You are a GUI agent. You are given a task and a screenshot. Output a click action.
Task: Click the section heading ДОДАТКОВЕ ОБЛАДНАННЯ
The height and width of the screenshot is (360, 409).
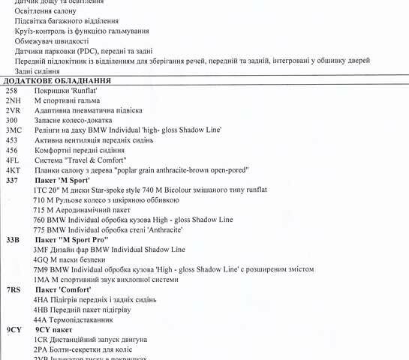pos(58,80)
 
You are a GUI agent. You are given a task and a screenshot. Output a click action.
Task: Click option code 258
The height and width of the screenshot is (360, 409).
pos(11,90)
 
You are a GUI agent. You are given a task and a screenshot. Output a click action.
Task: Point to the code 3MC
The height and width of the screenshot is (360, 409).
pos(13,130)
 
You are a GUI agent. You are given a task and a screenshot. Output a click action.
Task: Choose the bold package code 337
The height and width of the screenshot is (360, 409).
pos(12,181)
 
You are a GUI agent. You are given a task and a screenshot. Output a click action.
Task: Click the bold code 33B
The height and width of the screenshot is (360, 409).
pos(13,240)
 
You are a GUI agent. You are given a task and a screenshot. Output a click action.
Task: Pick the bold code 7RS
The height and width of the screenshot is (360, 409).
pos(14,289)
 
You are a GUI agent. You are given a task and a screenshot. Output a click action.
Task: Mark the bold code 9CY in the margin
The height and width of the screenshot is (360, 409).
pos(14,329)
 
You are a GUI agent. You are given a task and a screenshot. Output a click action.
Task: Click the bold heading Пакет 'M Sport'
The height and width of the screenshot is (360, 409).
pos(63,181)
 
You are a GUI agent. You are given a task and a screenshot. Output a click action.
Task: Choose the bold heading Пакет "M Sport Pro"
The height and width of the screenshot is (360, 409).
pos(72,240)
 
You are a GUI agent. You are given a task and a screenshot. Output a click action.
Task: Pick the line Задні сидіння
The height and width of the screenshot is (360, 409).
pos(38,71)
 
